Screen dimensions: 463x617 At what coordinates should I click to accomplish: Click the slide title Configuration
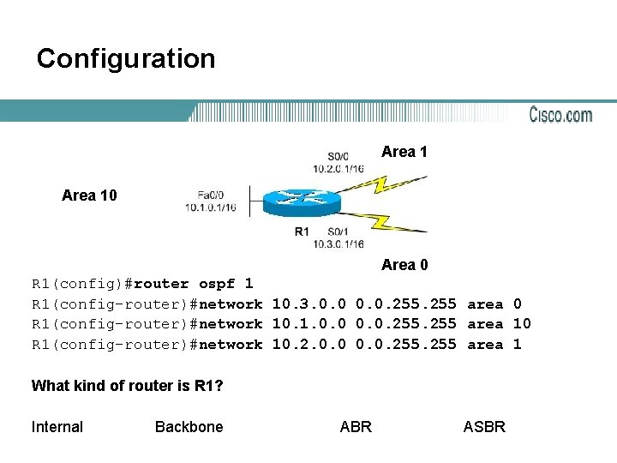point(126,59)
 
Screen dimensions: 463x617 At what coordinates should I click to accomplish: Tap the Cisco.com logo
point(560,114)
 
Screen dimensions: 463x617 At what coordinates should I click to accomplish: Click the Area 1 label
point(404,152)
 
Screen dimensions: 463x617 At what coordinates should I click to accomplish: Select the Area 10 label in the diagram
point(89,195)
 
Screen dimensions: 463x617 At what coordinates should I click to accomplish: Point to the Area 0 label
point(404,265)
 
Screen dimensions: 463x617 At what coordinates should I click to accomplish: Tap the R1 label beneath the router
point(302,231)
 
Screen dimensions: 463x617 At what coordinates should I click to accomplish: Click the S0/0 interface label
point(338,157)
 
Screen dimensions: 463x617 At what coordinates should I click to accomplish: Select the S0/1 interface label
point(338,231)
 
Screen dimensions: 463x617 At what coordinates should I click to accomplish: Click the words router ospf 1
point(194,283)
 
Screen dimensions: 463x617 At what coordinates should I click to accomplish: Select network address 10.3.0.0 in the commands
point(308,304)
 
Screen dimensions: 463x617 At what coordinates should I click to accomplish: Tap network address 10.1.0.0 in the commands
point(308,324)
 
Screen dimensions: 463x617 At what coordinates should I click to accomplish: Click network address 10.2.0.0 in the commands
point(308,345)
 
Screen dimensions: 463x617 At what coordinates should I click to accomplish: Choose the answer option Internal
point(57,427)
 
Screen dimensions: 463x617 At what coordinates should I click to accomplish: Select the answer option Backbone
point(189,427)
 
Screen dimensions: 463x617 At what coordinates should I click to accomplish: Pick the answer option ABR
point(356,427)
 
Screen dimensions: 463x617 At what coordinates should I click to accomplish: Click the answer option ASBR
point(484,427)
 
